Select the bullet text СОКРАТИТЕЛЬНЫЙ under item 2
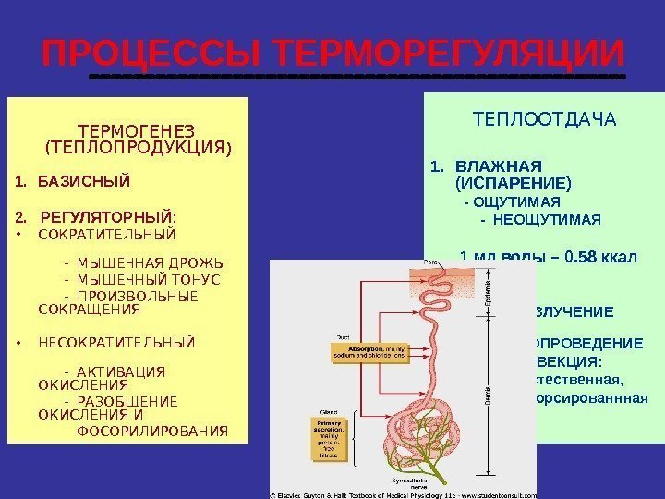click(107, 234)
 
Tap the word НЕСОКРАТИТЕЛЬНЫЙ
click(116, 343)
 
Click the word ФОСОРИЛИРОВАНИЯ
click(152, 431)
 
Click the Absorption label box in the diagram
click(370, 351)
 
